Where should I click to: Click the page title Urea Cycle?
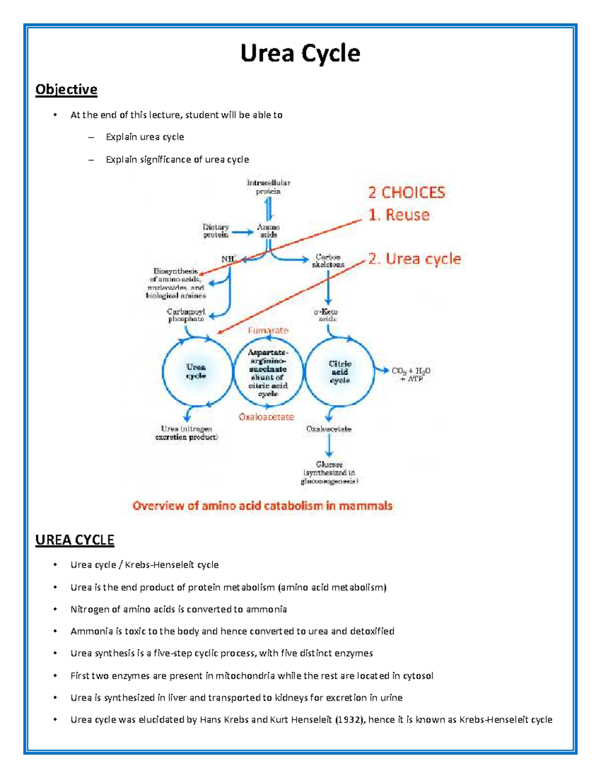[300, 53]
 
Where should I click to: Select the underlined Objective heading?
[66, 90]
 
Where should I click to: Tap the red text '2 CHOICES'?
[407, 192]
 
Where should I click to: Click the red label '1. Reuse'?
[399, 215]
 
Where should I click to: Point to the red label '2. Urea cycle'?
[414, 258]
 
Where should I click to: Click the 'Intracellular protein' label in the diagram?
[268, 187]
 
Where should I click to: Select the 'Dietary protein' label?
[216, 231]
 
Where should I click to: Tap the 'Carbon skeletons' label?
[328, 261]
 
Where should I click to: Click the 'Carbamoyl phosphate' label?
[186, 315]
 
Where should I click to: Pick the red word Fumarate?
[268, 331]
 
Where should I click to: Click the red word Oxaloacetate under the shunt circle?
[266, 417]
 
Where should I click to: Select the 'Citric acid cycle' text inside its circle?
[340, 372]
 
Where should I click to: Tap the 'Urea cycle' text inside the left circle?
[196, 371]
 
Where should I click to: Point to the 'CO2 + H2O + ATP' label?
[411, 375]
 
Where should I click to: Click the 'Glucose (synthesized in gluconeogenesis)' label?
[329, 472]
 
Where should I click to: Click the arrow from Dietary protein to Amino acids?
[243, 232]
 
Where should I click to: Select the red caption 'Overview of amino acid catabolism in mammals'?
[262, 505]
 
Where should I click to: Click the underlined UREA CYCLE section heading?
[75, 540]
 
